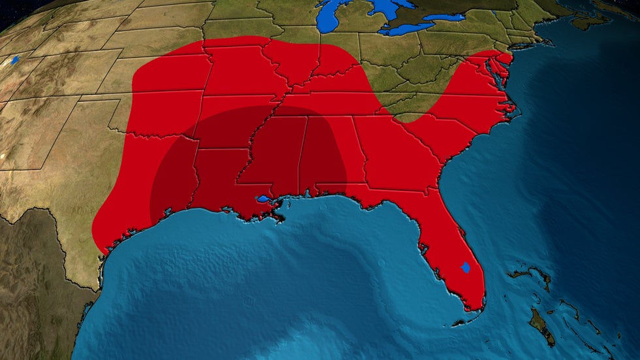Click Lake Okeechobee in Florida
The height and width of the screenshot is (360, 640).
(x=466, y=267)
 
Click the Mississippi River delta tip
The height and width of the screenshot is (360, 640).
(x=282, y=219)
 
